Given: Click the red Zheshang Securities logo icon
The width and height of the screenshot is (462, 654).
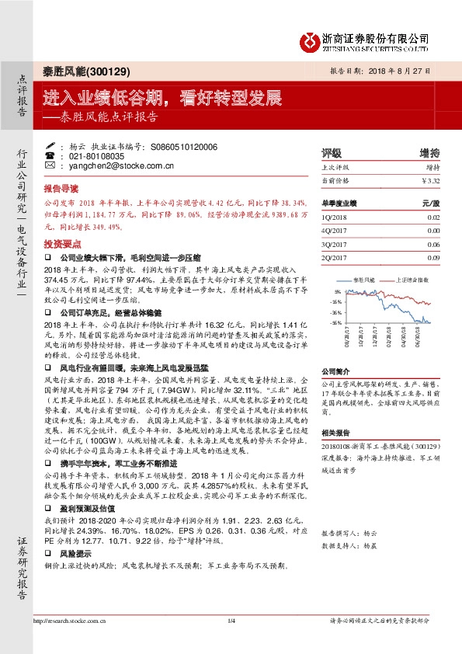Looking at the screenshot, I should [x=311, y=38].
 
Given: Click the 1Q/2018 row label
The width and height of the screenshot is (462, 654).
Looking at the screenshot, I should [x=334, y=217].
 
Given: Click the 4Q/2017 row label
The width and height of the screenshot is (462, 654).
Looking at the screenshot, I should [x=334, y=231].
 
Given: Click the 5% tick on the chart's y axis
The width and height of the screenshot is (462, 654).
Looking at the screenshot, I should [x=336, y=291].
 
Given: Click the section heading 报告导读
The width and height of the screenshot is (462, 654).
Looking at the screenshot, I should [x=61, y=189].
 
